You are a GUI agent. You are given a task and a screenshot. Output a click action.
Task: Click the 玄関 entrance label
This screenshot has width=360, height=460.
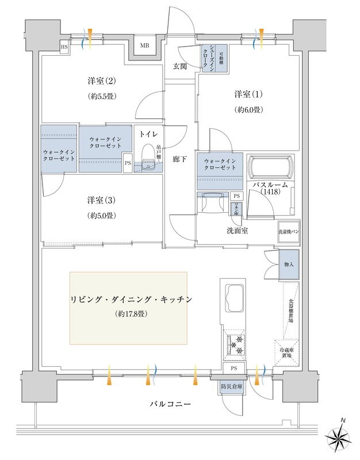[179, 66]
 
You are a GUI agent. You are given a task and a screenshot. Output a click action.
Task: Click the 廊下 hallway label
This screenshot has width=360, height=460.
[179, 159]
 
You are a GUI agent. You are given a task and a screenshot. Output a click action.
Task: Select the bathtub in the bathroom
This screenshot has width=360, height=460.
[269, 168]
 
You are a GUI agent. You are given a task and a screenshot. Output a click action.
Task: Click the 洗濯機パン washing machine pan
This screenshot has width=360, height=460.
[288, 231]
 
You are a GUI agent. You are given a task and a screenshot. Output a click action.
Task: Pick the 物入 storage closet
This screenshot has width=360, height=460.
[290, 264]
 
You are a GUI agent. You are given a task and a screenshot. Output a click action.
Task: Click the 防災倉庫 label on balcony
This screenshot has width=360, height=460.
[231, 387]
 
